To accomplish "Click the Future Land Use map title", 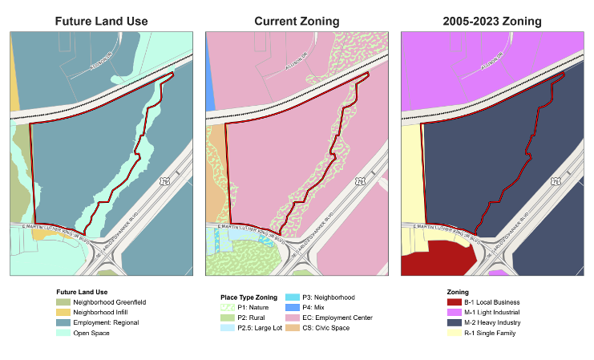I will click(x=101, y=21).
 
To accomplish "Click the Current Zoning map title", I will click(x=297, y=21).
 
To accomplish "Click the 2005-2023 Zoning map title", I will click(x=492, y=21).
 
